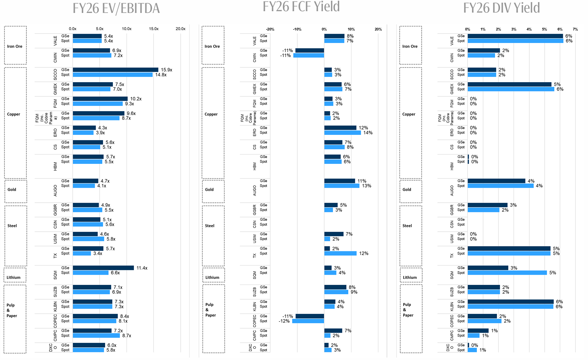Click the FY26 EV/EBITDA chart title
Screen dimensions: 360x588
coord(116,8)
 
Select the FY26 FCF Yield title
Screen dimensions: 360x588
coord(301,7)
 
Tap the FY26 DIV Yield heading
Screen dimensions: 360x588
coord(501,8)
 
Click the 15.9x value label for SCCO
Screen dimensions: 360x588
coord(166,70)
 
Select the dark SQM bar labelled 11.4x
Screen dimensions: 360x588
coord(103,268)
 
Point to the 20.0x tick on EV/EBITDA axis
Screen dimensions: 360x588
coord(180,29)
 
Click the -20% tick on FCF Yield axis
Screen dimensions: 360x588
coord(270,29)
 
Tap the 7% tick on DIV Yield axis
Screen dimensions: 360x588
coord(575,29)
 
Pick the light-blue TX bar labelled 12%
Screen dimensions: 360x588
coord(340,253)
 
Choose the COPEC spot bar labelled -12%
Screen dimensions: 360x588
coord(308,321)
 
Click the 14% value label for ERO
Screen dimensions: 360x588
coord(368,133)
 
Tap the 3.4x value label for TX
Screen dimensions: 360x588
coord(97,253)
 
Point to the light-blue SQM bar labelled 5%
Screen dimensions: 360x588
coord(507,273)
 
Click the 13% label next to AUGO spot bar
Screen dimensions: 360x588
coord(366,186)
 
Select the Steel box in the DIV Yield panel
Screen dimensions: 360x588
coord(411,236)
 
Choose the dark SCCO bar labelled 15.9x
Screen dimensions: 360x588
coord(115,70)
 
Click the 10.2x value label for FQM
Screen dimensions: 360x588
coord(136,99)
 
